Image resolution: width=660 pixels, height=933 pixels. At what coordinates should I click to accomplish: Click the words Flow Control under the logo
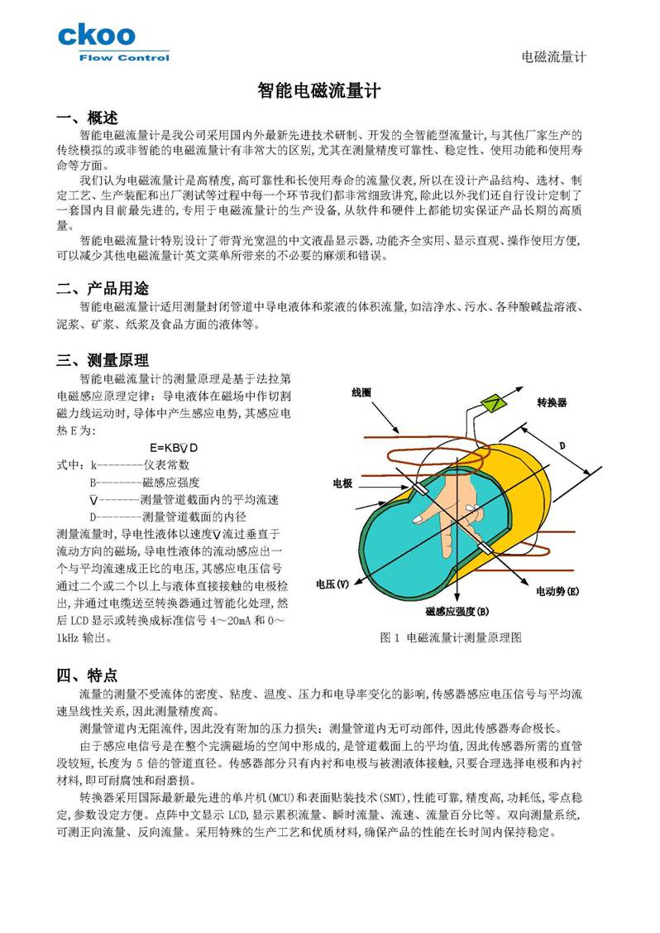pos(123,58)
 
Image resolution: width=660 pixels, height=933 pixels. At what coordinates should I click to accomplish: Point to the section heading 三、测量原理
pos(103,360)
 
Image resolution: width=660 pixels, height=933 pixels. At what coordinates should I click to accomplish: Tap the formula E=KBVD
pos(174,447)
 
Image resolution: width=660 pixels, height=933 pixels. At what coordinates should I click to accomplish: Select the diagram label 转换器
pos(552,402)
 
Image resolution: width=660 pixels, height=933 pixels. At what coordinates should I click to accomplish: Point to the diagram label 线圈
pos(361,392)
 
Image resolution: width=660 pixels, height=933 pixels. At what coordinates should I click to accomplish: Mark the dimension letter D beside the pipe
pos(562,445)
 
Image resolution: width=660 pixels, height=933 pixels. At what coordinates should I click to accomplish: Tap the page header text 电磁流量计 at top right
pos(554,56)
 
